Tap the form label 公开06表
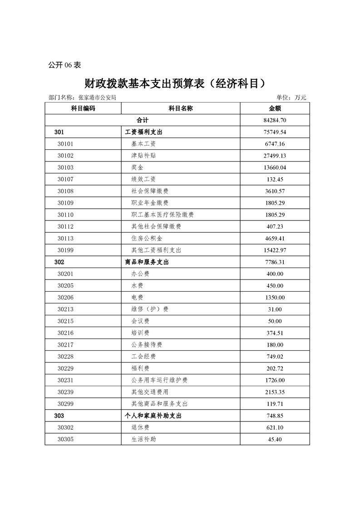coord(64,65)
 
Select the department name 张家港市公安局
coord(98,98)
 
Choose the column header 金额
coord(275,108)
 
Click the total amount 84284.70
coord(275,120)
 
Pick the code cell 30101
coord(66,144)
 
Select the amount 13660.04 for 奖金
coord(275,167)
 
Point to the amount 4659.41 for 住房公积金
coord(275,238)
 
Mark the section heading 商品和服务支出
coord(147,262)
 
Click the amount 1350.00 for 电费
coord(275,297)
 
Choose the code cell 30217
coord(66,344)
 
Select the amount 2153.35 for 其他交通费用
coord(275,392)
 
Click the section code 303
coord(59,415)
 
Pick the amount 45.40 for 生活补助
coord(275,439)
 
